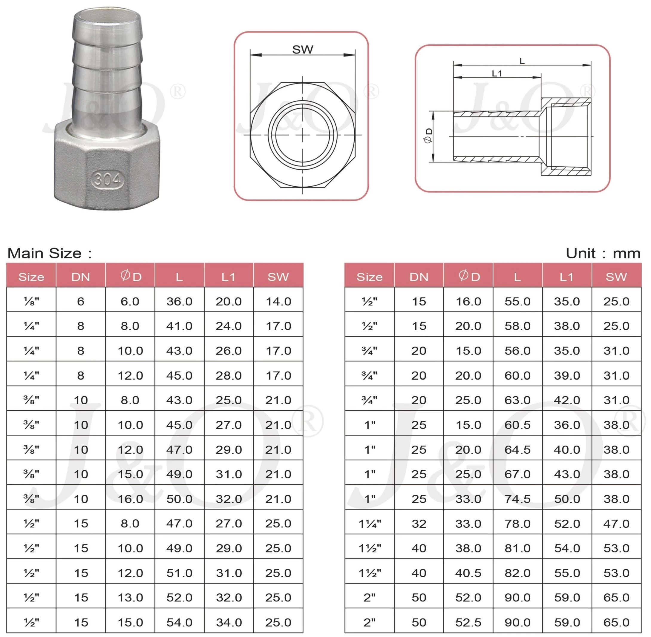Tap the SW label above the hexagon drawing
303,50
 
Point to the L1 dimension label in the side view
497,73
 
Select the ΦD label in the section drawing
428,136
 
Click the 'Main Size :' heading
50,253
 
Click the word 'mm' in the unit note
627,253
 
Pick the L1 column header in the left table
229,277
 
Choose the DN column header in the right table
419,277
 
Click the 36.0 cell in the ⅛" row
179,301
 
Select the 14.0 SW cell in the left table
278,301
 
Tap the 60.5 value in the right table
517,425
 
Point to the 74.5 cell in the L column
517,499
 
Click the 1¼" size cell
370,524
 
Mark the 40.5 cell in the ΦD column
468,573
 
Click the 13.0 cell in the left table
130,598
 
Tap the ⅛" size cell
31,301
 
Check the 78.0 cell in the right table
517,524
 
